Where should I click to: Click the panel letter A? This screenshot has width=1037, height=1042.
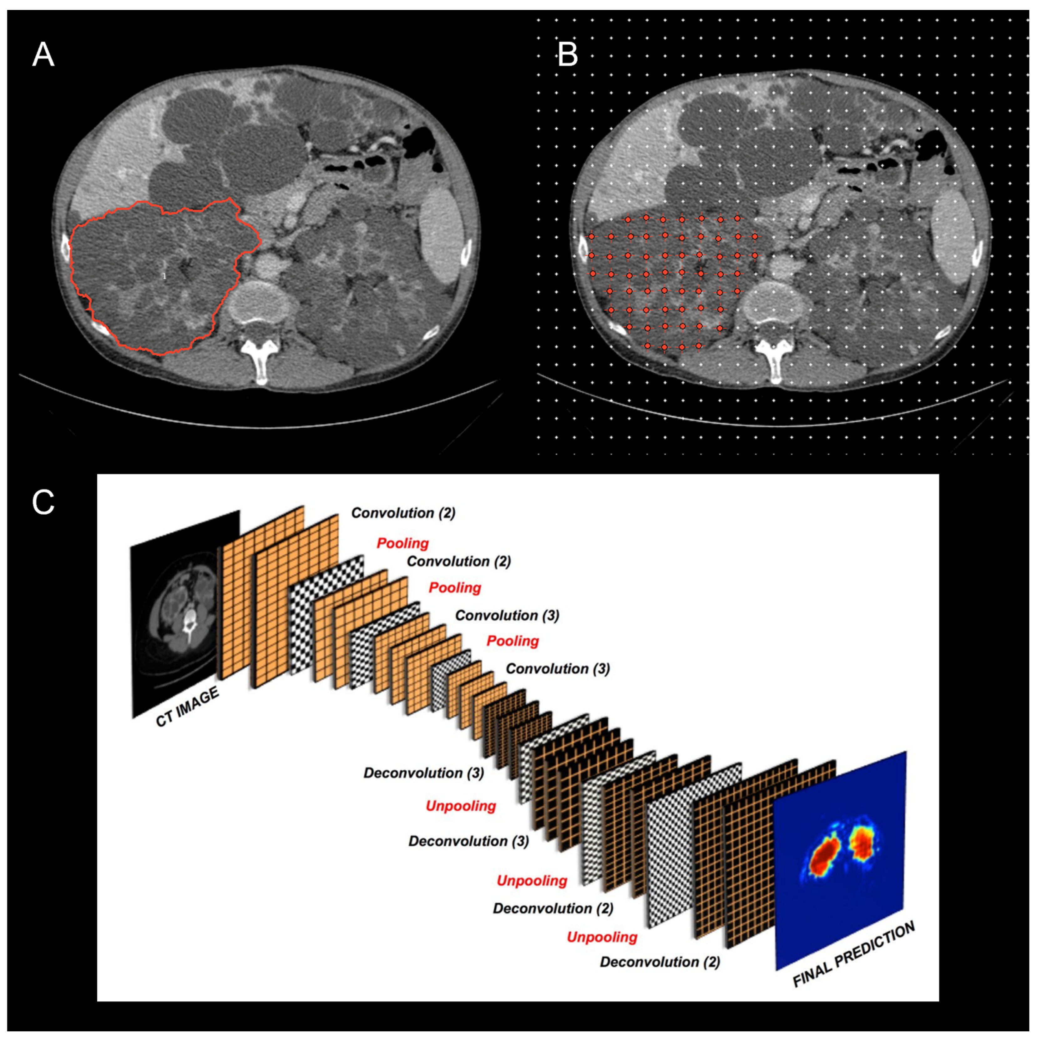tap(43, 55)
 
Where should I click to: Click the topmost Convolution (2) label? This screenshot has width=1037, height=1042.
tap(403, 513)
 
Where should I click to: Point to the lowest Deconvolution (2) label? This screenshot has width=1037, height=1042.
tap(660, 962)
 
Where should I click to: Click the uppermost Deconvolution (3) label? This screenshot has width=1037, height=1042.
tap(423, 773)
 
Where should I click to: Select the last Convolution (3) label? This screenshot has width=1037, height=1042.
tap(557, 669)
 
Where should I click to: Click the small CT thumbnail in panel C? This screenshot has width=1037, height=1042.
tap(185, 612)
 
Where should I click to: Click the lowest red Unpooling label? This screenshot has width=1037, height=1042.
tap(602, 937)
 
